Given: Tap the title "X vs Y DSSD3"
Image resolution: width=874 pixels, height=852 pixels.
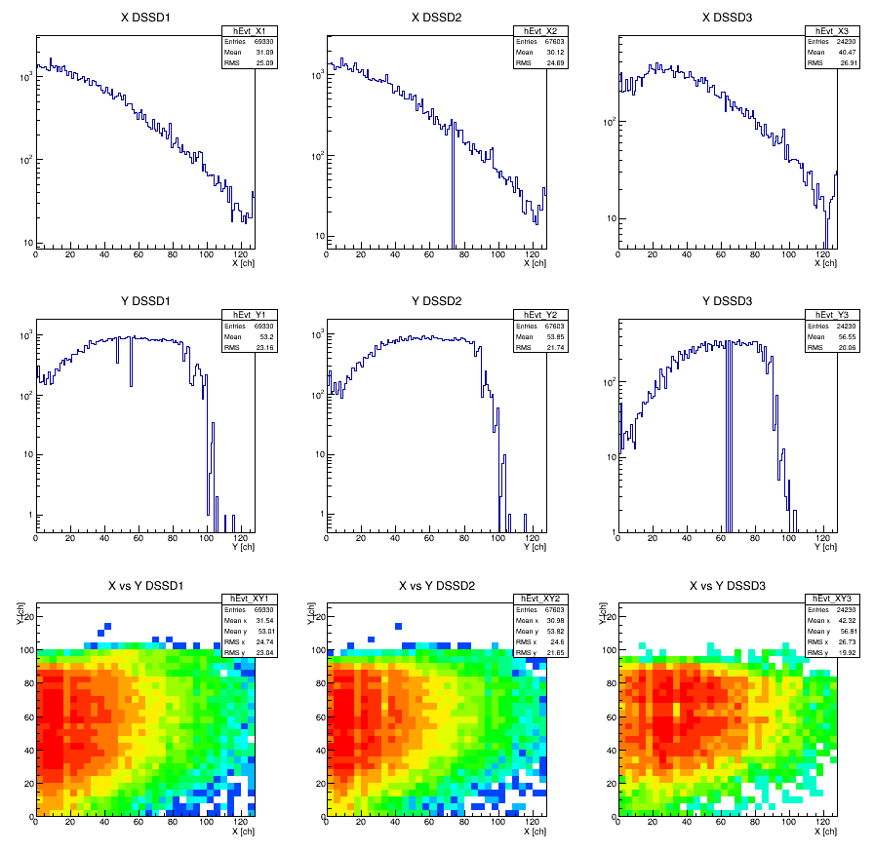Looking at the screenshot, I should [x=728, y=585].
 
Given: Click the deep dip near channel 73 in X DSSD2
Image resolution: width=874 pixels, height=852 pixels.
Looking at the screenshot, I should [x=453, y=195].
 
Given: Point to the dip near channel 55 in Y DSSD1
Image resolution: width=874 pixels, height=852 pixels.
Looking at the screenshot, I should [x=131, y=366].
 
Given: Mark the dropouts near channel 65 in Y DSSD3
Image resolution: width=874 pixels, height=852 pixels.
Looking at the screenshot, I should [x=729, y=439].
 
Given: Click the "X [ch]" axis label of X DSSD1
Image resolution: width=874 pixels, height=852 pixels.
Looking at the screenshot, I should [x=243, y=263].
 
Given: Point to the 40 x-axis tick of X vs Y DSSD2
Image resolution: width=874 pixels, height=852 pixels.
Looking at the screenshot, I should [x=395, y=824].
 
